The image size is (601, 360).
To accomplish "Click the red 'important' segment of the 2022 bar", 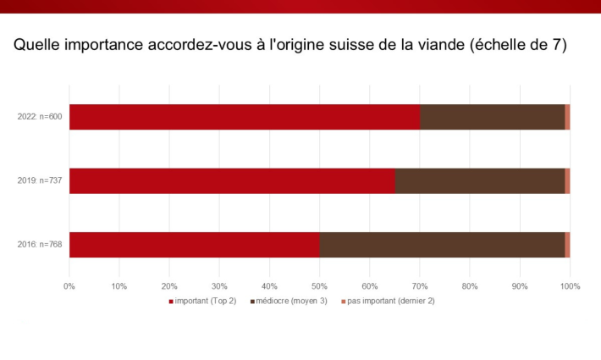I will (x=245, y=117).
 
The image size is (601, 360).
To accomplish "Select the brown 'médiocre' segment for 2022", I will (x=493, y=117).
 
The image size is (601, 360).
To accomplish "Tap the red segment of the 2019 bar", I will (x=232, y=180).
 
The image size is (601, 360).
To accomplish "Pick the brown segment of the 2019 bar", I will (x=480, y=180).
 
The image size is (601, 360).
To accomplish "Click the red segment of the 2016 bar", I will (x=195, y=244).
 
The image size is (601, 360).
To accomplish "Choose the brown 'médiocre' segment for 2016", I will (x=443, y=244).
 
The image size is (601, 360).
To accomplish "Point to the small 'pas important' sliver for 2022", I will (x=567, y=117).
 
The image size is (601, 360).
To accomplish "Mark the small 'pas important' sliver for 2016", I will (x=567, y=244).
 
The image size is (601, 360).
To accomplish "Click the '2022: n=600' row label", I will (x=40, y=117).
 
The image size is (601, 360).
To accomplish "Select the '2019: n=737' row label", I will (x=40, y=180).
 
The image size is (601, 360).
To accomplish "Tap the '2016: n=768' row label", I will (x=40, y=245).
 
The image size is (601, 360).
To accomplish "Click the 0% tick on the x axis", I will (x=69, y=285).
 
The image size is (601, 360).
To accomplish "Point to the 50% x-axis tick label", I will (x=320, y=285).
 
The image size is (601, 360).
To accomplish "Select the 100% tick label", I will (x=570, y=285).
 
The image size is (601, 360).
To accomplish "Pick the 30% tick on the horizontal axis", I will (x=219, y=285).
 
